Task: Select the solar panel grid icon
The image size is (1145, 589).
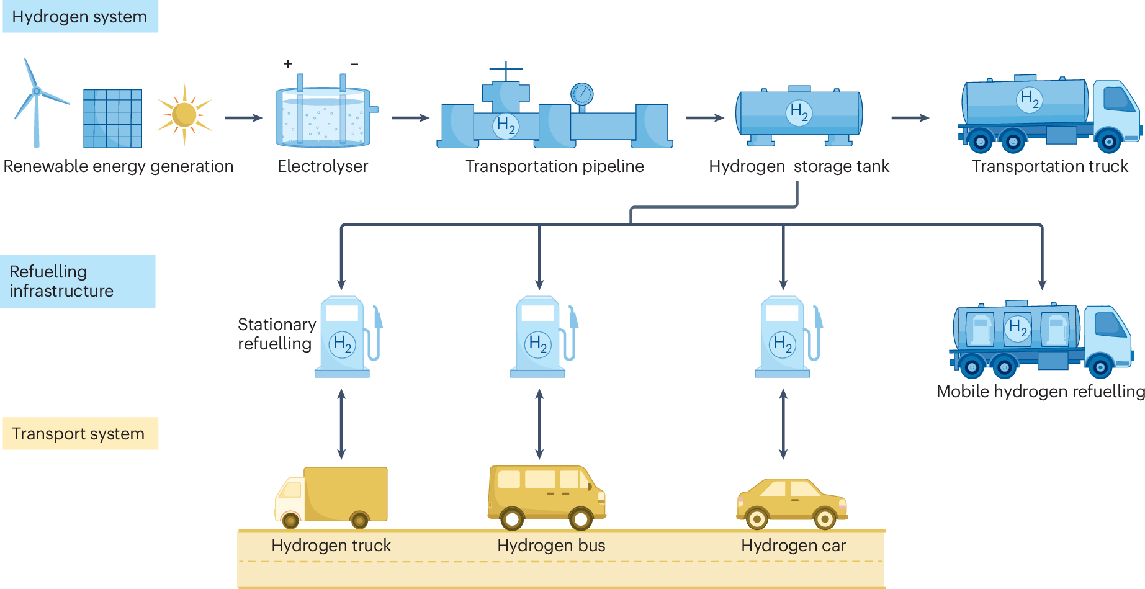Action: pos(113,119)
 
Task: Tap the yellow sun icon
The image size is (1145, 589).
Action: pos(184,115)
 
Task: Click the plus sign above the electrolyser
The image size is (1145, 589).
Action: pos(288,63)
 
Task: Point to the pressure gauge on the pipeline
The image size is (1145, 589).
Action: pos(581,94)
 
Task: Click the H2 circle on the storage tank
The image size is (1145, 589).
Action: pos(799,112)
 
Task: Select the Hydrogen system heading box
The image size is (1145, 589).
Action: pos(80,17)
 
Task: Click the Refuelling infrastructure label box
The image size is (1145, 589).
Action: pos(77,281)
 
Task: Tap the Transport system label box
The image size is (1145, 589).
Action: pos(80,433)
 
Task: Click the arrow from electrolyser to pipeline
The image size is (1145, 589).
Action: pos(410,118)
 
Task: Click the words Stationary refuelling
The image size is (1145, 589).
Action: pos(276,334)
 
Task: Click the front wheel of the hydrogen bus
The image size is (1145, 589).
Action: pos(580,518)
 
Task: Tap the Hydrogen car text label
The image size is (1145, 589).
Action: pos(793,546)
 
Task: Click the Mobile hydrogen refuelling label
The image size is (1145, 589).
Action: pos(1040,392)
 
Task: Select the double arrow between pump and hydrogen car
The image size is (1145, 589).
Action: pos(783,424)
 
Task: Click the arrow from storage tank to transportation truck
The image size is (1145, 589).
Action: pos(910,118)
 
